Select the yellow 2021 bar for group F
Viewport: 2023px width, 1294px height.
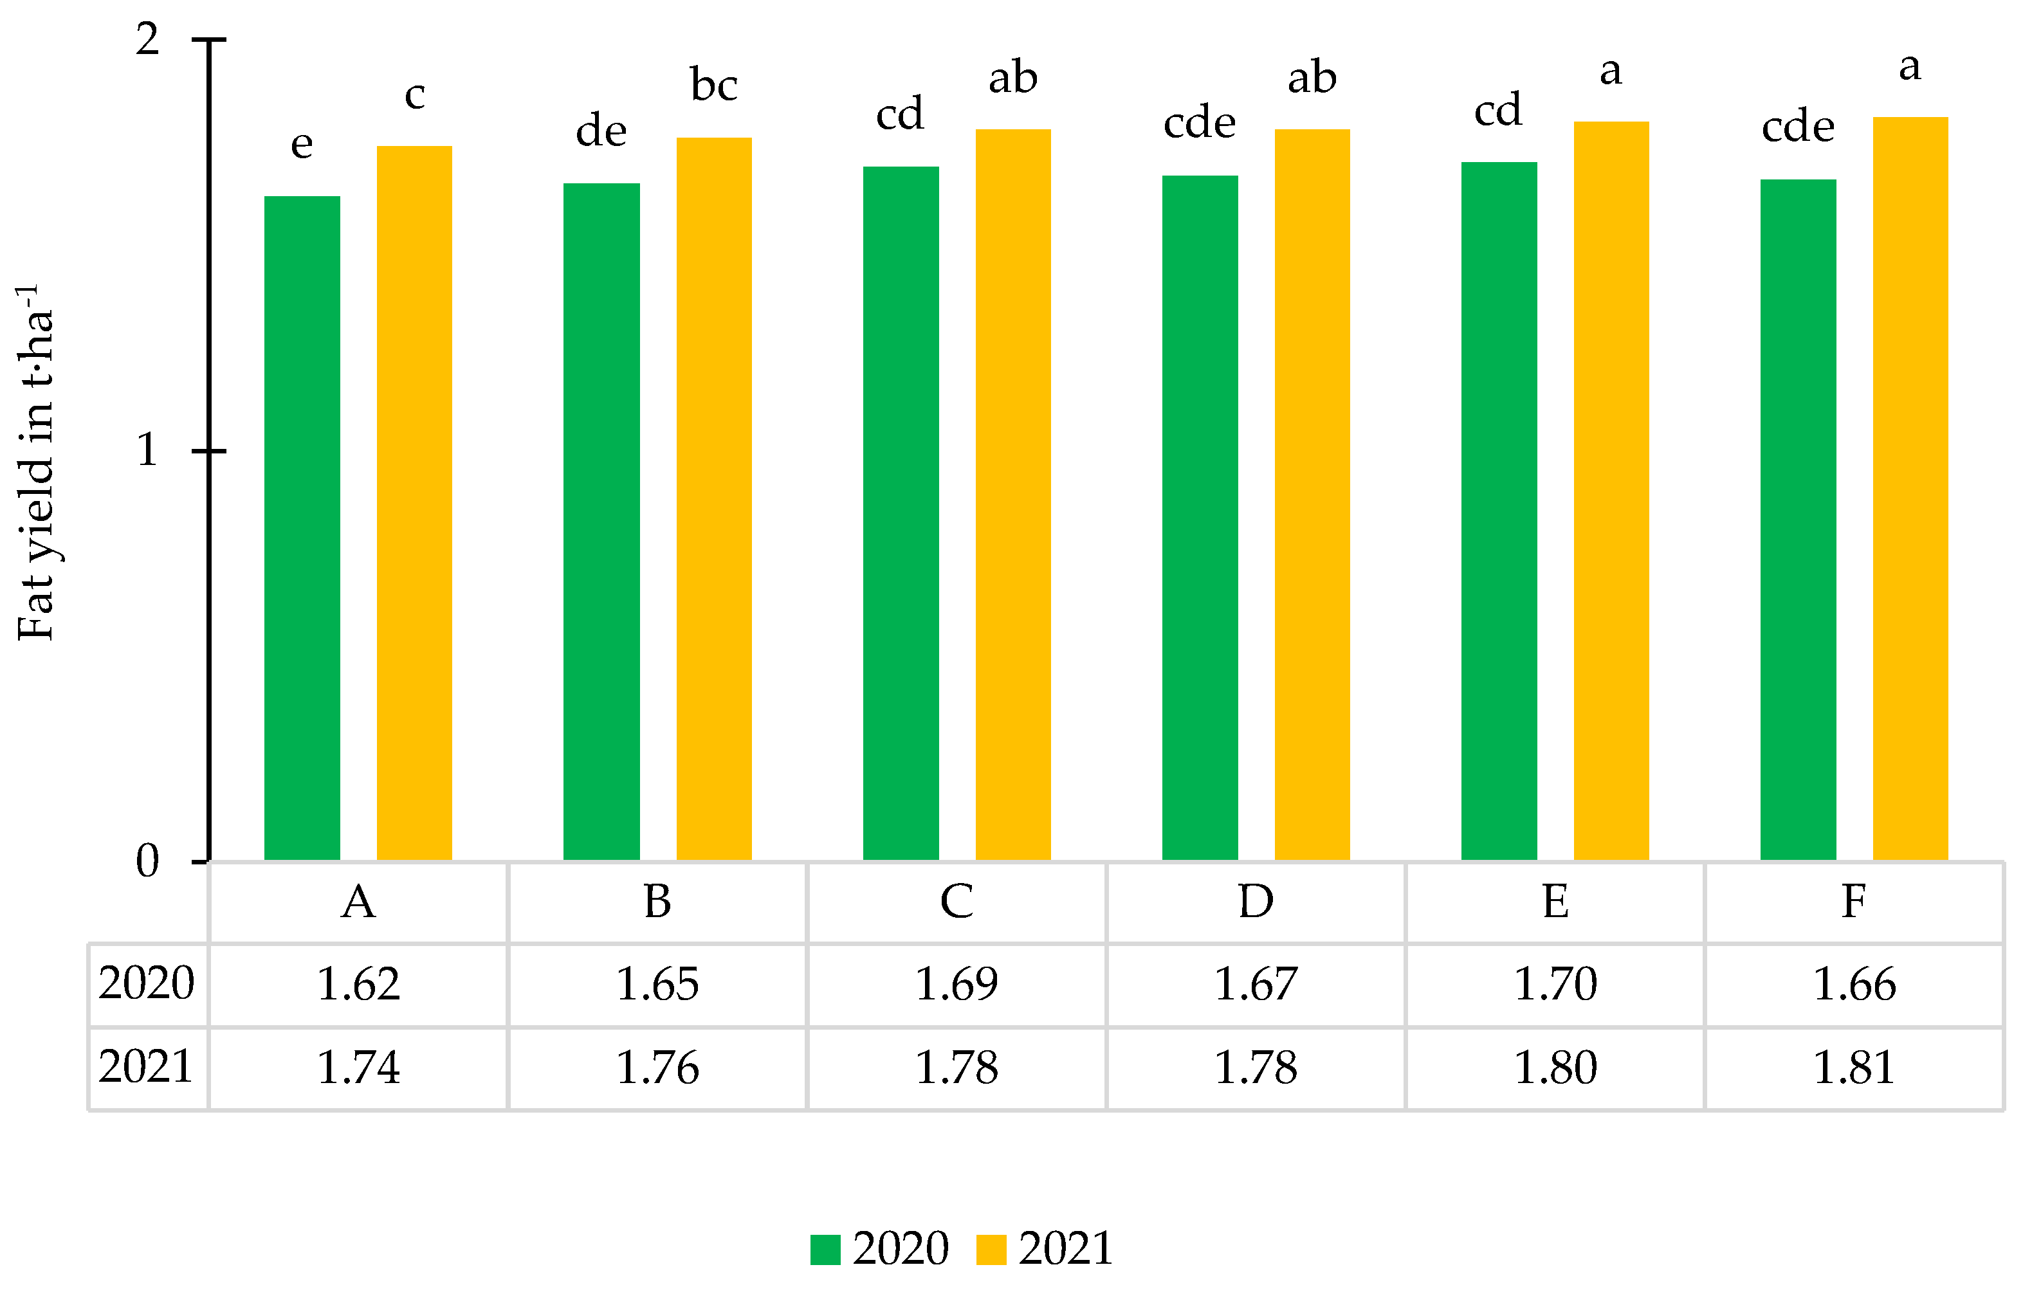pyautogui.click(x=1910, y=488)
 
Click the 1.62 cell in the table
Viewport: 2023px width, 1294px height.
pyautogui.click(x=358, y=985)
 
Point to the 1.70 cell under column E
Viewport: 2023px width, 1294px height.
pyautogui.click(x=1555, y=985)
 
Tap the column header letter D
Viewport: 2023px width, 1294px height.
pyautogui.click(x=1256, y=902)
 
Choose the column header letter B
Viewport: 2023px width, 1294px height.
pyautogui.click(x=657, y=902)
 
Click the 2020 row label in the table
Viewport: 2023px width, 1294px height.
pyautogui.click(x=146, y=983)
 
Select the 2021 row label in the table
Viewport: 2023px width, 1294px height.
pyautogui.click(x=146, y=1067)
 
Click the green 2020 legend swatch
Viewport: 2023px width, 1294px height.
pyautogui.click(x=825, y=1250)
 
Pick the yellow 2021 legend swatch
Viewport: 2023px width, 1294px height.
pyautogui.click(x=991, y=1250)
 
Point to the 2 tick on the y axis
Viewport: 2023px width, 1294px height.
pyautogui.click(x=148, y=39)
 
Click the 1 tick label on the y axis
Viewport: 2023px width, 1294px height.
pyautogui.click(x=148, y=450)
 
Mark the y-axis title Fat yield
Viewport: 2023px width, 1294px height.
pyautogui.click(x=35, y=462)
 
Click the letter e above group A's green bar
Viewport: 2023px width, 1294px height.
pyautogui.click(x=302, y=145)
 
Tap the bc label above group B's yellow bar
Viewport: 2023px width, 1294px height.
pyautogui.click(x=713, y=85)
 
